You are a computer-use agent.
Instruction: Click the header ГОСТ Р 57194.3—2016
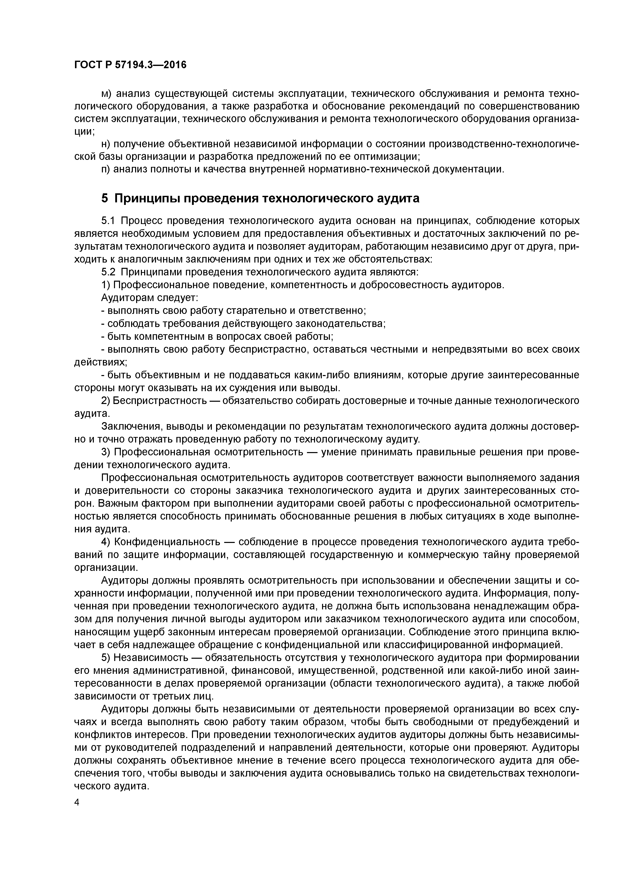(x=130, y=65)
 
